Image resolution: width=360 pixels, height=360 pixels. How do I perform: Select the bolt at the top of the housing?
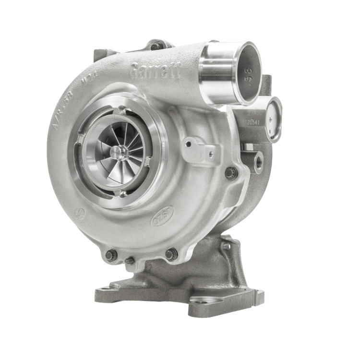pos(154,46)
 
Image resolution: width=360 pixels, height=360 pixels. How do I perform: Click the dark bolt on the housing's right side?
pos(233,171)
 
